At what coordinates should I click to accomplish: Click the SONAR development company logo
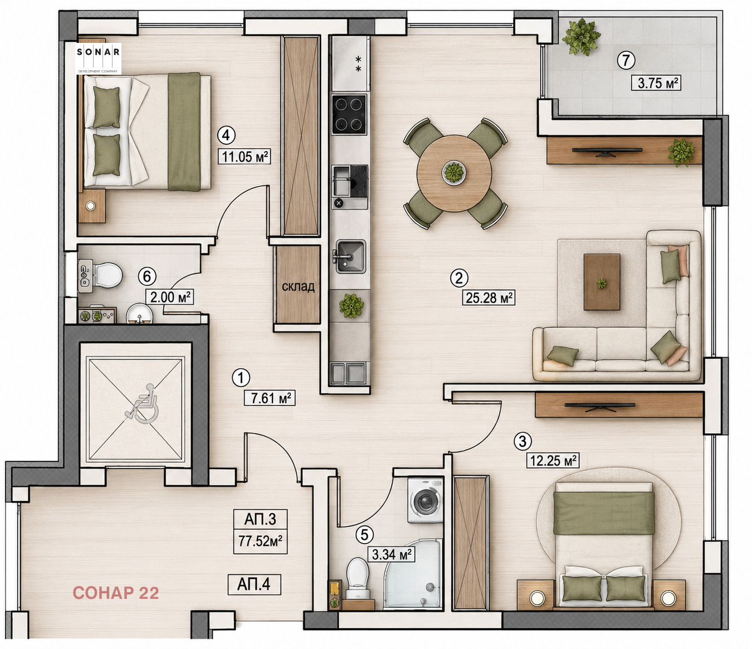[x=98, y=58]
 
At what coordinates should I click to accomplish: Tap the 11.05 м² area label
[x=245, y=157]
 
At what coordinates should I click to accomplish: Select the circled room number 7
[x=626, y=60]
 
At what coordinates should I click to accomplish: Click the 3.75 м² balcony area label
[x=656, y=82]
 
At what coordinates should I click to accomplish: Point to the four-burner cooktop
[x=349, y=114]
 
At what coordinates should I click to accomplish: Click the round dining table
[x=455, y=173]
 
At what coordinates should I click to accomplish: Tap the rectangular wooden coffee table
[x=602, y=282]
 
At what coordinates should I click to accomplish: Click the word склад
[x=298, y=287]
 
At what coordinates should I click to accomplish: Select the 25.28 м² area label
[x=489, y=297]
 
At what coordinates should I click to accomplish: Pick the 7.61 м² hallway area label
[x=269, y=398]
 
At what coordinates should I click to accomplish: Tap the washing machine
[x=425, y=500]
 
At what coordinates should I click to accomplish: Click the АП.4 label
[x=254, y=584]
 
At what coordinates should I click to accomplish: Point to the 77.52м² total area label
[x=260, y=541]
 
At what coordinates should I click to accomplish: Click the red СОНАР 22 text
[x=116, y=593]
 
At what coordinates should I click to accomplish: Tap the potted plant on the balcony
[x=581, y=37]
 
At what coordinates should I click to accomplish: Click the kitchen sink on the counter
[x=350, y=256]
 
